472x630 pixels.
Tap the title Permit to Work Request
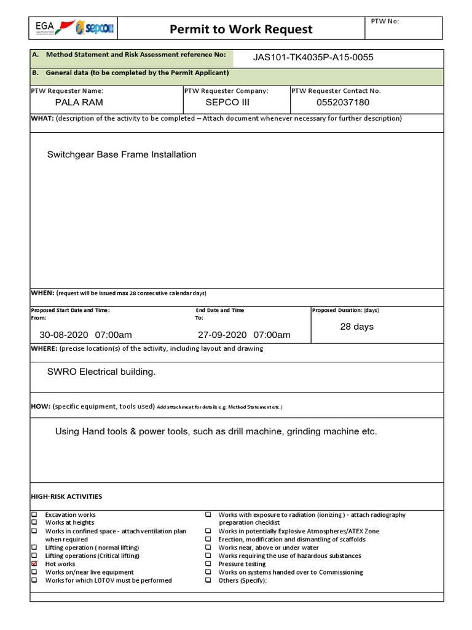point(242,29)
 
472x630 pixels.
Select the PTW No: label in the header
point(385,21)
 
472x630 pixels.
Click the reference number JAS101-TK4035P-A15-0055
point(313,57)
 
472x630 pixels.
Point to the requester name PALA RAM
point(79,102)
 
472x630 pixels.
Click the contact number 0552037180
point(343,102)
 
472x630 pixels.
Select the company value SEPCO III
point(227,102)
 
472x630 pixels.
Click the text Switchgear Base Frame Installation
point(122,154)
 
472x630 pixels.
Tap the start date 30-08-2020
point(64,335)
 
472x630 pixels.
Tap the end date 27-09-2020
point(222,335)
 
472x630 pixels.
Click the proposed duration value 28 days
point(356,327)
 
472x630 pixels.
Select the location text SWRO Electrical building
point(101,372)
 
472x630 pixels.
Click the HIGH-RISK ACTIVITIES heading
point(66,496)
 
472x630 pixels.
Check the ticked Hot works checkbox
point(34,564)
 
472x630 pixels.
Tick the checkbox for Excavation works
point(34,514)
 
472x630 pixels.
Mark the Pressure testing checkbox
point(208,564)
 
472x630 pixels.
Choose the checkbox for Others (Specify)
point(208,580)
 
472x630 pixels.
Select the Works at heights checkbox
point(34,522)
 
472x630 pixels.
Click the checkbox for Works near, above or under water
point(208,547)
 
